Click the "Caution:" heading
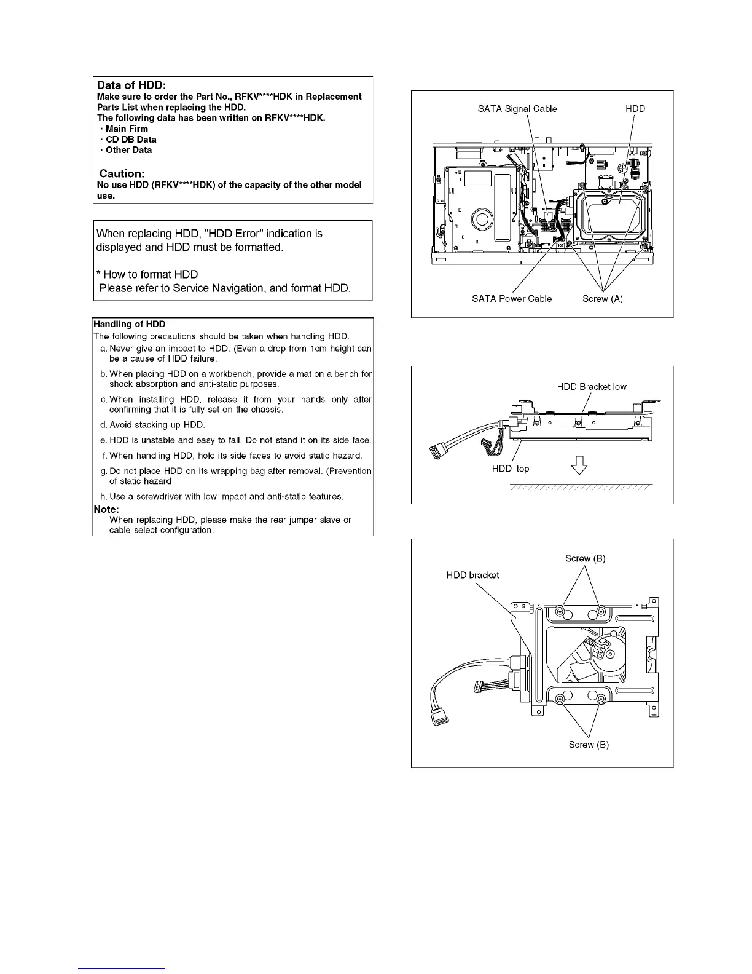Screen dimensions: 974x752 (x=122, y=173)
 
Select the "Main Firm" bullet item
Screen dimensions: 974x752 (x=127, y=129)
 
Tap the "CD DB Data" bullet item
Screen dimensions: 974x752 (x=131, y=140)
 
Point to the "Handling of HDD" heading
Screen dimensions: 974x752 (x=129, y=324)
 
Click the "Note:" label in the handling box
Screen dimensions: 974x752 (x=106, y=509)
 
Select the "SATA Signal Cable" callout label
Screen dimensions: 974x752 (x=517, y=109)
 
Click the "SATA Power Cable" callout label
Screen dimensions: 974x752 (x=512, y=299)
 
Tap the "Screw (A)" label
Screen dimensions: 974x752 (x=602, y=299)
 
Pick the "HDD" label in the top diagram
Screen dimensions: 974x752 (x=635, y=109)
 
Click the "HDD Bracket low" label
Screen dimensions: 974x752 (x=592, y=387)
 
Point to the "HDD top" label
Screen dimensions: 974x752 (x=510, y=469)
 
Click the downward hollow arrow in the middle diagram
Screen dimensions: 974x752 (x=579, y=468)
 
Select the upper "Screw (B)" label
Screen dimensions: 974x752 (x=585, y=558)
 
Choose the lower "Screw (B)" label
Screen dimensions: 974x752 (x=589, y=745)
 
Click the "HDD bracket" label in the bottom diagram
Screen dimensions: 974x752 (x=472, y=575)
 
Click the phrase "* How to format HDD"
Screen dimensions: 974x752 (x=147, y=274)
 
